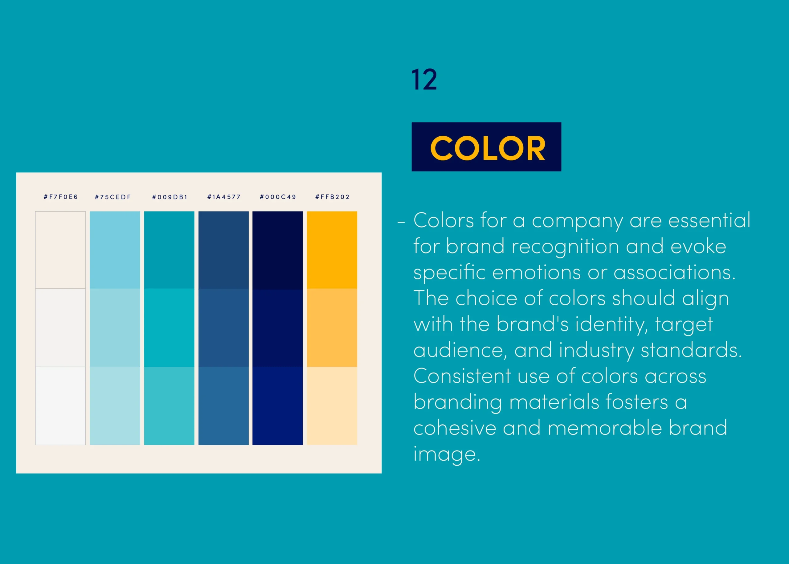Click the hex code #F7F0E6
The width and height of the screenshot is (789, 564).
[61, 197]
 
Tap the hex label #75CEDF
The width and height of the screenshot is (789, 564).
[113, 197]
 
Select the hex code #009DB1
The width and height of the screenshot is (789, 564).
[170, 197]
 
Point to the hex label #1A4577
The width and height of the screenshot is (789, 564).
[224, 197]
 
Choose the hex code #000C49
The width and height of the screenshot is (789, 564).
[278, 197]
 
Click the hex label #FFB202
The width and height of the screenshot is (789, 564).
[332, 197]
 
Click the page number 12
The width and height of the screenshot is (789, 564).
[424, 80]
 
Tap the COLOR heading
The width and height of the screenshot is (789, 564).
[488, 148]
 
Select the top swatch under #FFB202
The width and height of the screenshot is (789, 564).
[332, 250]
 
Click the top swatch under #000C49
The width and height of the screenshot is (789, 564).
[278, 250]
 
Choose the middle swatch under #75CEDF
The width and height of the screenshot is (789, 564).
[115, 328]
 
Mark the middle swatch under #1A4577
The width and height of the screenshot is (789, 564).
[223, 328]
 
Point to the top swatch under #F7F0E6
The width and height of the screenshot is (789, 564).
[60, 250]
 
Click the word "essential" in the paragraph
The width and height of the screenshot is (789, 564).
[709, 220]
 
